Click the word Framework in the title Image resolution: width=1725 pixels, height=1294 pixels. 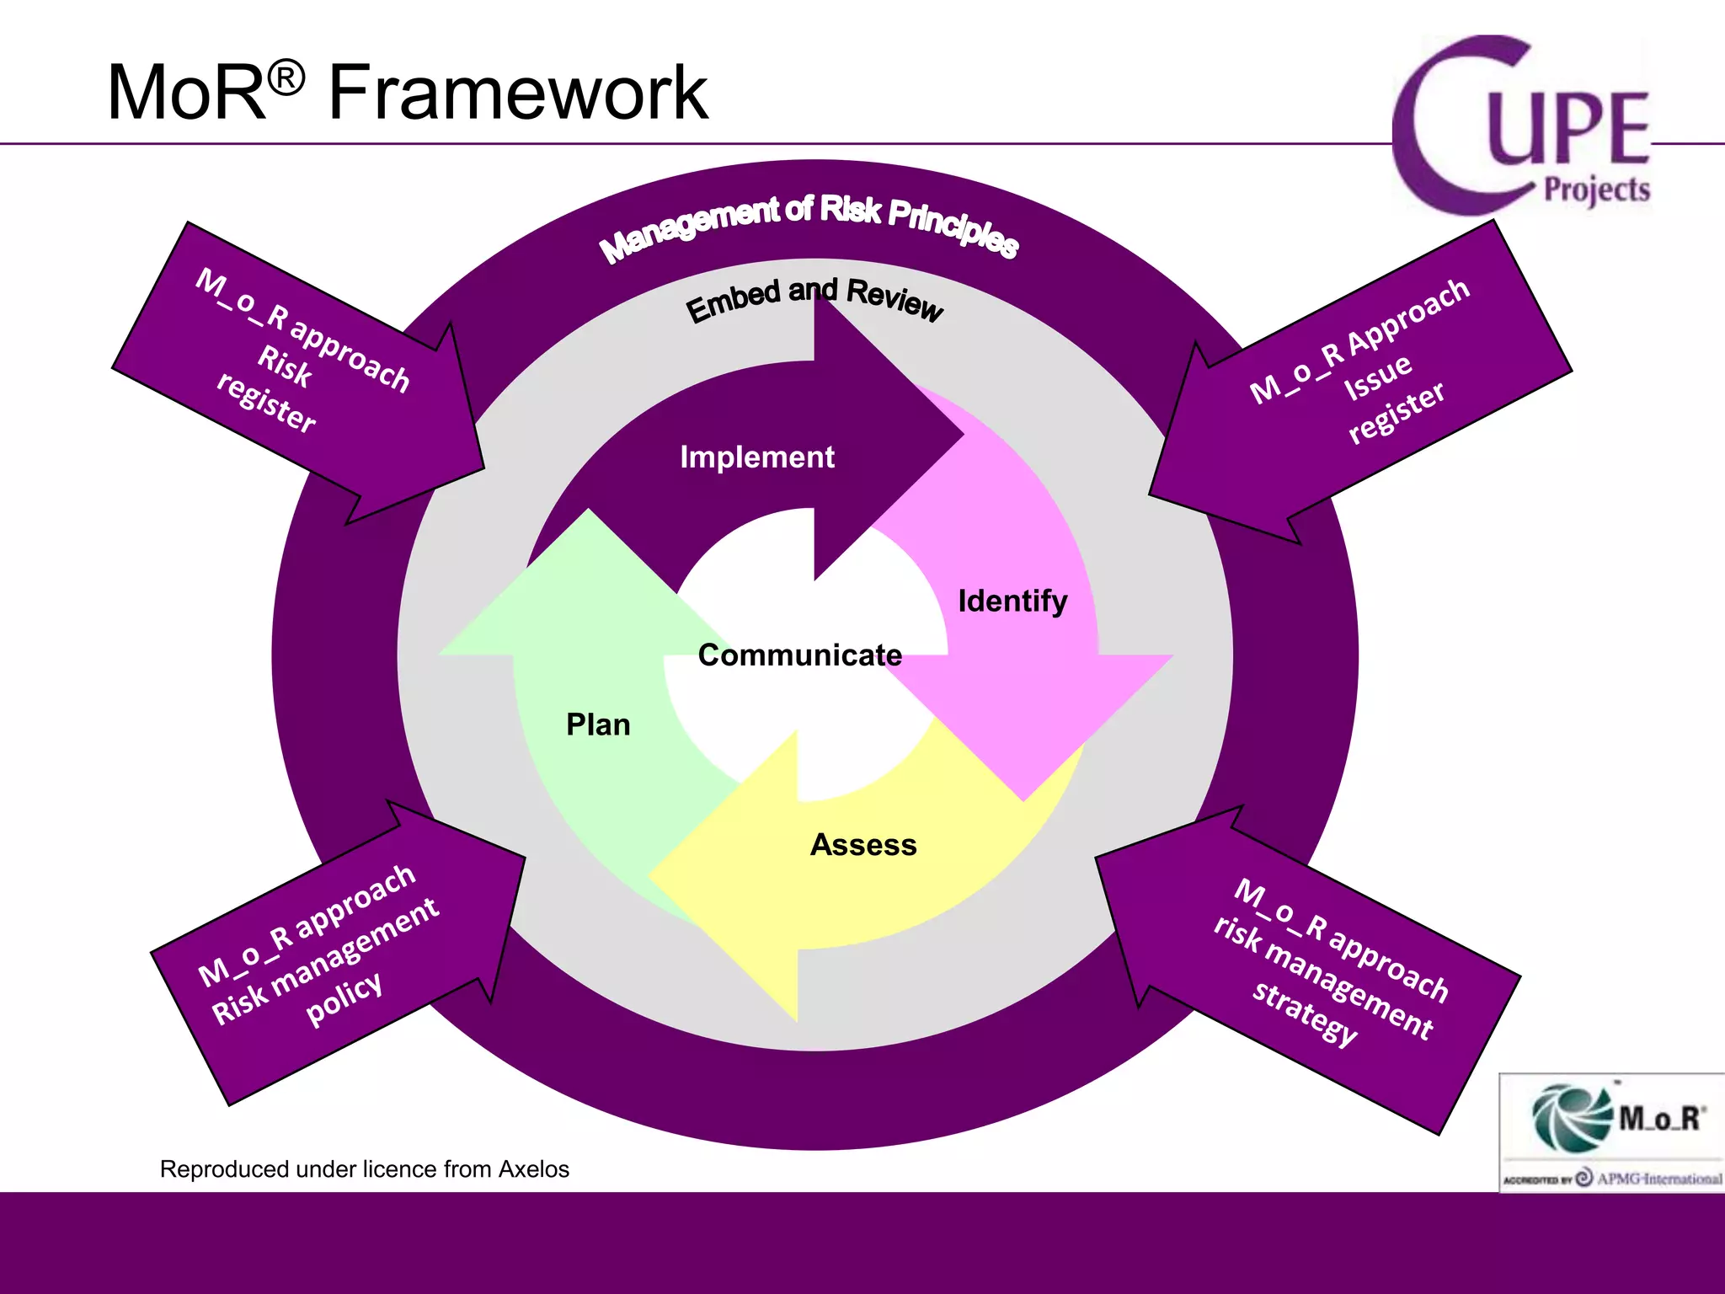[x=517, y=93]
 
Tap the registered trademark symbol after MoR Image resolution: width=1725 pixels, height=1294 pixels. [x=286, y=79]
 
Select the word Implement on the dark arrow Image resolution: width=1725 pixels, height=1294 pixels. [x=756, y=457]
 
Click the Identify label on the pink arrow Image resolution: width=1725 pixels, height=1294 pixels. [x=1012, y=602]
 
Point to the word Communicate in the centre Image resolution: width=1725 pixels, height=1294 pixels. [x=799, y=655]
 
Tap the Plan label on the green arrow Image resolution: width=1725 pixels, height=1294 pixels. [x=598, y=725]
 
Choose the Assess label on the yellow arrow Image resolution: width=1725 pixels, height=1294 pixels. [x=863, y=845]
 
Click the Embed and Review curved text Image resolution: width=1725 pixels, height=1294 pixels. [x=814, y=298]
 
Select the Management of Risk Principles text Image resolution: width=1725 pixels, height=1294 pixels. [x=809, y=224]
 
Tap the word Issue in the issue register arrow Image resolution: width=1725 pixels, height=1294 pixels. [x=1378, y=377]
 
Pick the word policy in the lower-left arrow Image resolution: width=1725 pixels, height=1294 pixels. [x=344, y=997]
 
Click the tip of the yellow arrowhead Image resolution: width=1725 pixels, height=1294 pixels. [x=649, y=876]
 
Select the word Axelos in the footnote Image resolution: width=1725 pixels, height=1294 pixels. [x=533, y=1169]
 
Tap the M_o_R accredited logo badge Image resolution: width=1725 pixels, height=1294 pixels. [x=1610, y=1131]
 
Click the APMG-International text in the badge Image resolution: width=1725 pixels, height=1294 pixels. [x=1658, y=1179]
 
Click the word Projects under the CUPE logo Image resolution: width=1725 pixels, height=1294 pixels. [x=1596, y=190]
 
